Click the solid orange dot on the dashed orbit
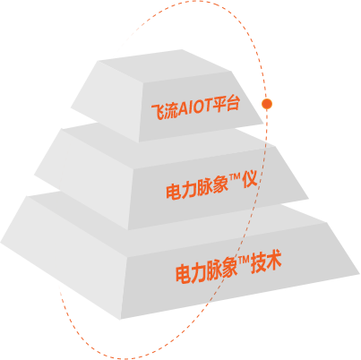tap(267, 104)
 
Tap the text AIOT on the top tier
tap(194, 107)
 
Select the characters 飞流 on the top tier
tap(165, 112)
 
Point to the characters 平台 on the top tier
tap(226, 104)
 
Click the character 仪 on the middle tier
tap(250, 180)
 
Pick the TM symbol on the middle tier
tap(235, 178)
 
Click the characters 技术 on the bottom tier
tap(266, 262)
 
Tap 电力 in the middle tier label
tap(181, 191)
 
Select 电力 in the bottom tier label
tap(191, 273)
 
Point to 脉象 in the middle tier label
tap(212, 186)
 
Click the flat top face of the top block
tap(166, 65)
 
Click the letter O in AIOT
tap(198, 107)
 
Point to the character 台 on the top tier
tap(233, 104)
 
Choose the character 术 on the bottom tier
tap(274, 261)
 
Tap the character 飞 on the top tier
tap(158, 113)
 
